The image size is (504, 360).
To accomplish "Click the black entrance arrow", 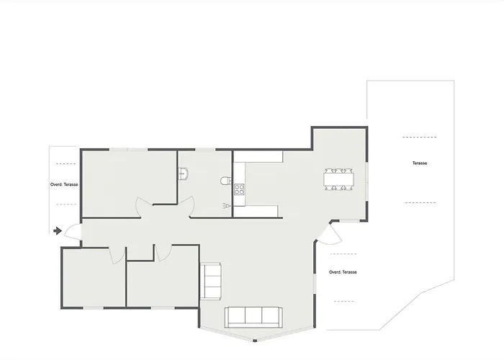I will (x=56, y=231).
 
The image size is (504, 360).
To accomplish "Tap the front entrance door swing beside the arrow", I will (x=73, y=232).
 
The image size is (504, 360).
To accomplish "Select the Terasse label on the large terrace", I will (x=420, y=163).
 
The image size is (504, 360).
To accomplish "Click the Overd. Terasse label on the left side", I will (x=64, y=184).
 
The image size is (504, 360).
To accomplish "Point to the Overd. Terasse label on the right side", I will (x=343, y=272).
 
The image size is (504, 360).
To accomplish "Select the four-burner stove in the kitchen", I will (x=239, y=190).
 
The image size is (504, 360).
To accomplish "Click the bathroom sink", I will (x=184, y=174).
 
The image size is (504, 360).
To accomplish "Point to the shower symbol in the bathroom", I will (x=228, y=206).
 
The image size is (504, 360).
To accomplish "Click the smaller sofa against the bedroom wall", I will (x=212, y=281).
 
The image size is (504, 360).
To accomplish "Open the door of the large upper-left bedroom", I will (x=144, y=207).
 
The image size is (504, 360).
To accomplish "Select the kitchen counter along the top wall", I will (x=263, y=156).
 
